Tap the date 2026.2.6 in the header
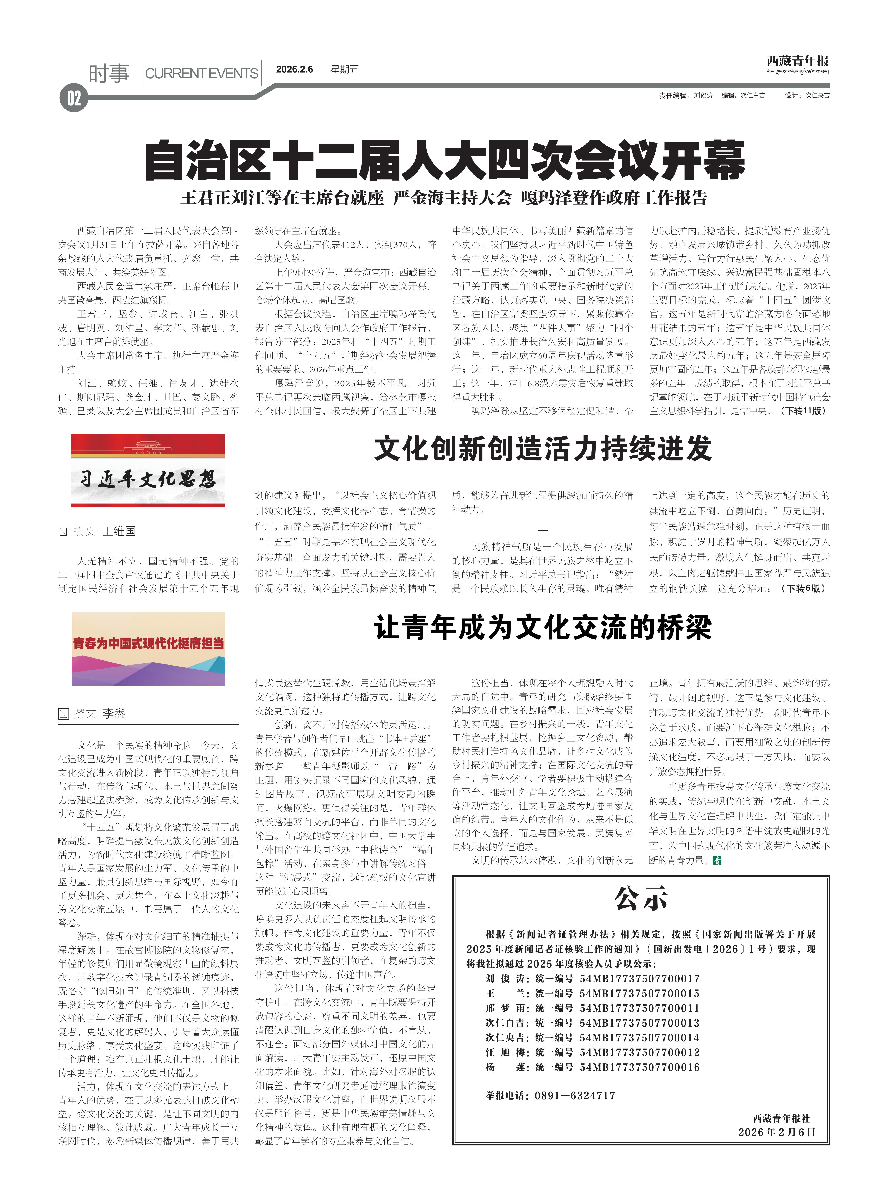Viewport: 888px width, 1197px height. click(295, 69)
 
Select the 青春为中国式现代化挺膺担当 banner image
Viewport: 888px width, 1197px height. click(148, 649)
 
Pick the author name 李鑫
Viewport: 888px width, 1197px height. click(114, 713)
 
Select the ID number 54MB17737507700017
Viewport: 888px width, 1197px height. click(640, 978)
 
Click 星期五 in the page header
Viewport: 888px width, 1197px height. click(345, 69)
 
